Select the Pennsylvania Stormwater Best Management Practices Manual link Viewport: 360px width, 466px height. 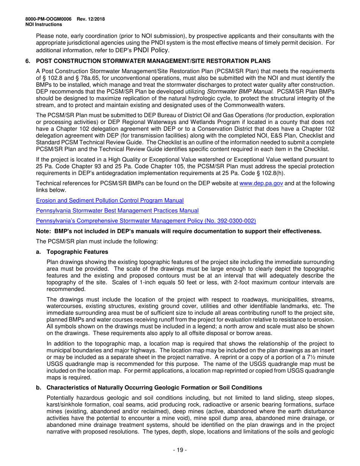[x=117, y=210]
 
